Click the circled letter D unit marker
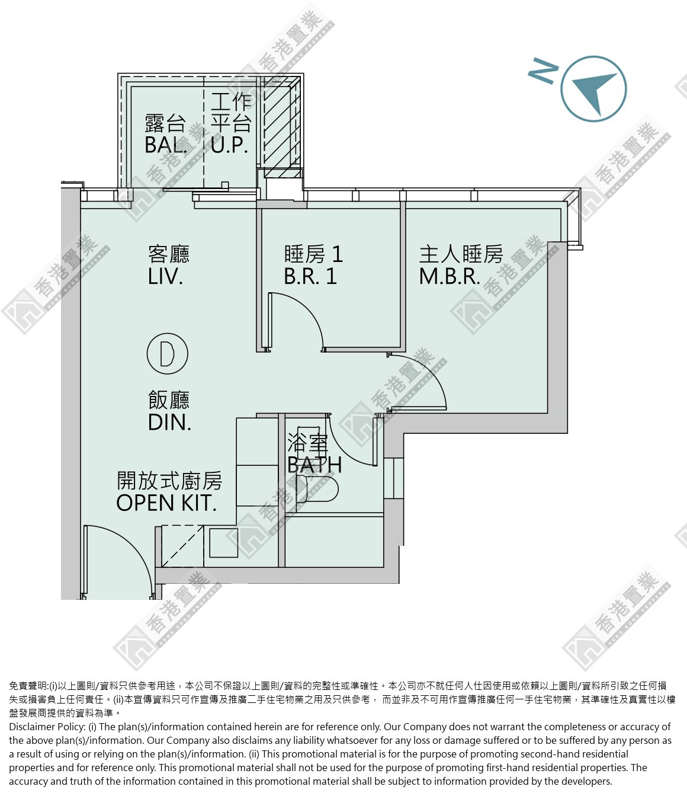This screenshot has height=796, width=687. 168,353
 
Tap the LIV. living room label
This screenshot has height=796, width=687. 165,277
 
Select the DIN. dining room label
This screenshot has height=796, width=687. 170,422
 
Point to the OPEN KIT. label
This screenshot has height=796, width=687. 166,503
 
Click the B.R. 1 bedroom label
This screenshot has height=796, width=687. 310,276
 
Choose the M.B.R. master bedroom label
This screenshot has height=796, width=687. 450,276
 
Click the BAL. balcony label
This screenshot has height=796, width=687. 165,145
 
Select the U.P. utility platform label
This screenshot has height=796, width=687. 229,145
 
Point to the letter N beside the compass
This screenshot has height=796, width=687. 543,71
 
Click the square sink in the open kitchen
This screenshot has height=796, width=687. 223,542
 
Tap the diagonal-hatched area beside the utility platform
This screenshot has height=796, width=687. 282,123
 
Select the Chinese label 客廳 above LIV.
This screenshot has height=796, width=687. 169,254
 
